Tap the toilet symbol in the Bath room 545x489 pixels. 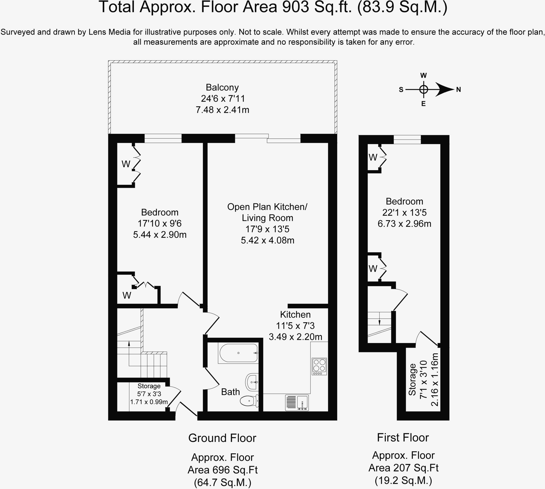[x=249, y=401]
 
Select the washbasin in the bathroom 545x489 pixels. [x=252, y=382]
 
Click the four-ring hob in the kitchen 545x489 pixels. [x=319, y=366]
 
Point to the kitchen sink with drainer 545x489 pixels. [x=297, y=403]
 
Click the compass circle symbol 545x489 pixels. [x=423, y=89]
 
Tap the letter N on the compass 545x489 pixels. [x=459, y=90]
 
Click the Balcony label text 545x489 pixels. [x=222, y=87]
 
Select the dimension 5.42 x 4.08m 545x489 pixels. [x=267, y=240]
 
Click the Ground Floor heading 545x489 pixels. [x=222, y=438]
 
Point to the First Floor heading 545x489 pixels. [x=403, y=437]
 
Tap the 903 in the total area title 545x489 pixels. [x=295, y=7]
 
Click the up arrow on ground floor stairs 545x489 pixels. [x=129, y=343]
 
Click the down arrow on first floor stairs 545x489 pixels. [x=379, y=323]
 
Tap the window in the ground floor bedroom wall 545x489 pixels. [x=163, y=138]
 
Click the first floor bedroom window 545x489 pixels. [x=407, y=139]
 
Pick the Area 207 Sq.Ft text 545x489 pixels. [x=403, y=468]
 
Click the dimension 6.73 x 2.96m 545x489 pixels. [x=404, y=224]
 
